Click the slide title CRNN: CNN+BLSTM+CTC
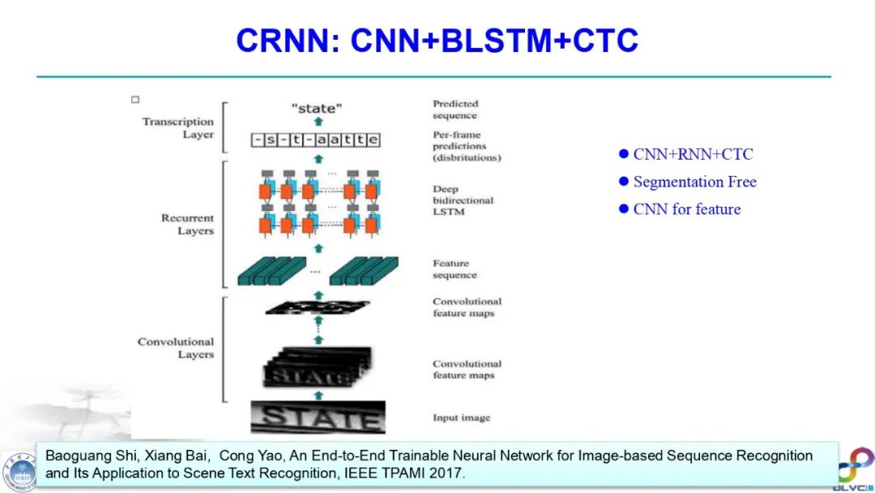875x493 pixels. coord(437,41)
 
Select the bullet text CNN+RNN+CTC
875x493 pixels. coord(693,154)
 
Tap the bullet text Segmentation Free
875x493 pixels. coord(694,182)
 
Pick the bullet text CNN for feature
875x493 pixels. coord(686,209)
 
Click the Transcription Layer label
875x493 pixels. coord(177,128)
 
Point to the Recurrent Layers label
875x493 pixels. coord(187,225)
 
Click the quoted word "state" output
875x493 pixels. coord(317,107)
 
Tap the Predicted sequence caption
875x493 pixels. coord(455,109)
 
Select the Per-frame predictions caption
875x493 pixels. coord(466,146)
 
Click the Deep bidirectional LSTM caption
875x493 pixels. coord(463,200)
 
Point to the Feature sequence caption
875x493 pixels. coord(454,269)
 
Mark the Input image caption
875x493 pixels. coord(461,418)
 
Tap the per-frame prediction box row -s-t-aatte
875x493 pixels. coord(315,140)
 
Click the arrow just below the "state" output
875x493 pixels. coord(318,122)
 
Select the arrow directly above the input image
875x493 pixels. coord(318,395)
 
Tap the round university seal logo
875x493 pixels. coord(19,471)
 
